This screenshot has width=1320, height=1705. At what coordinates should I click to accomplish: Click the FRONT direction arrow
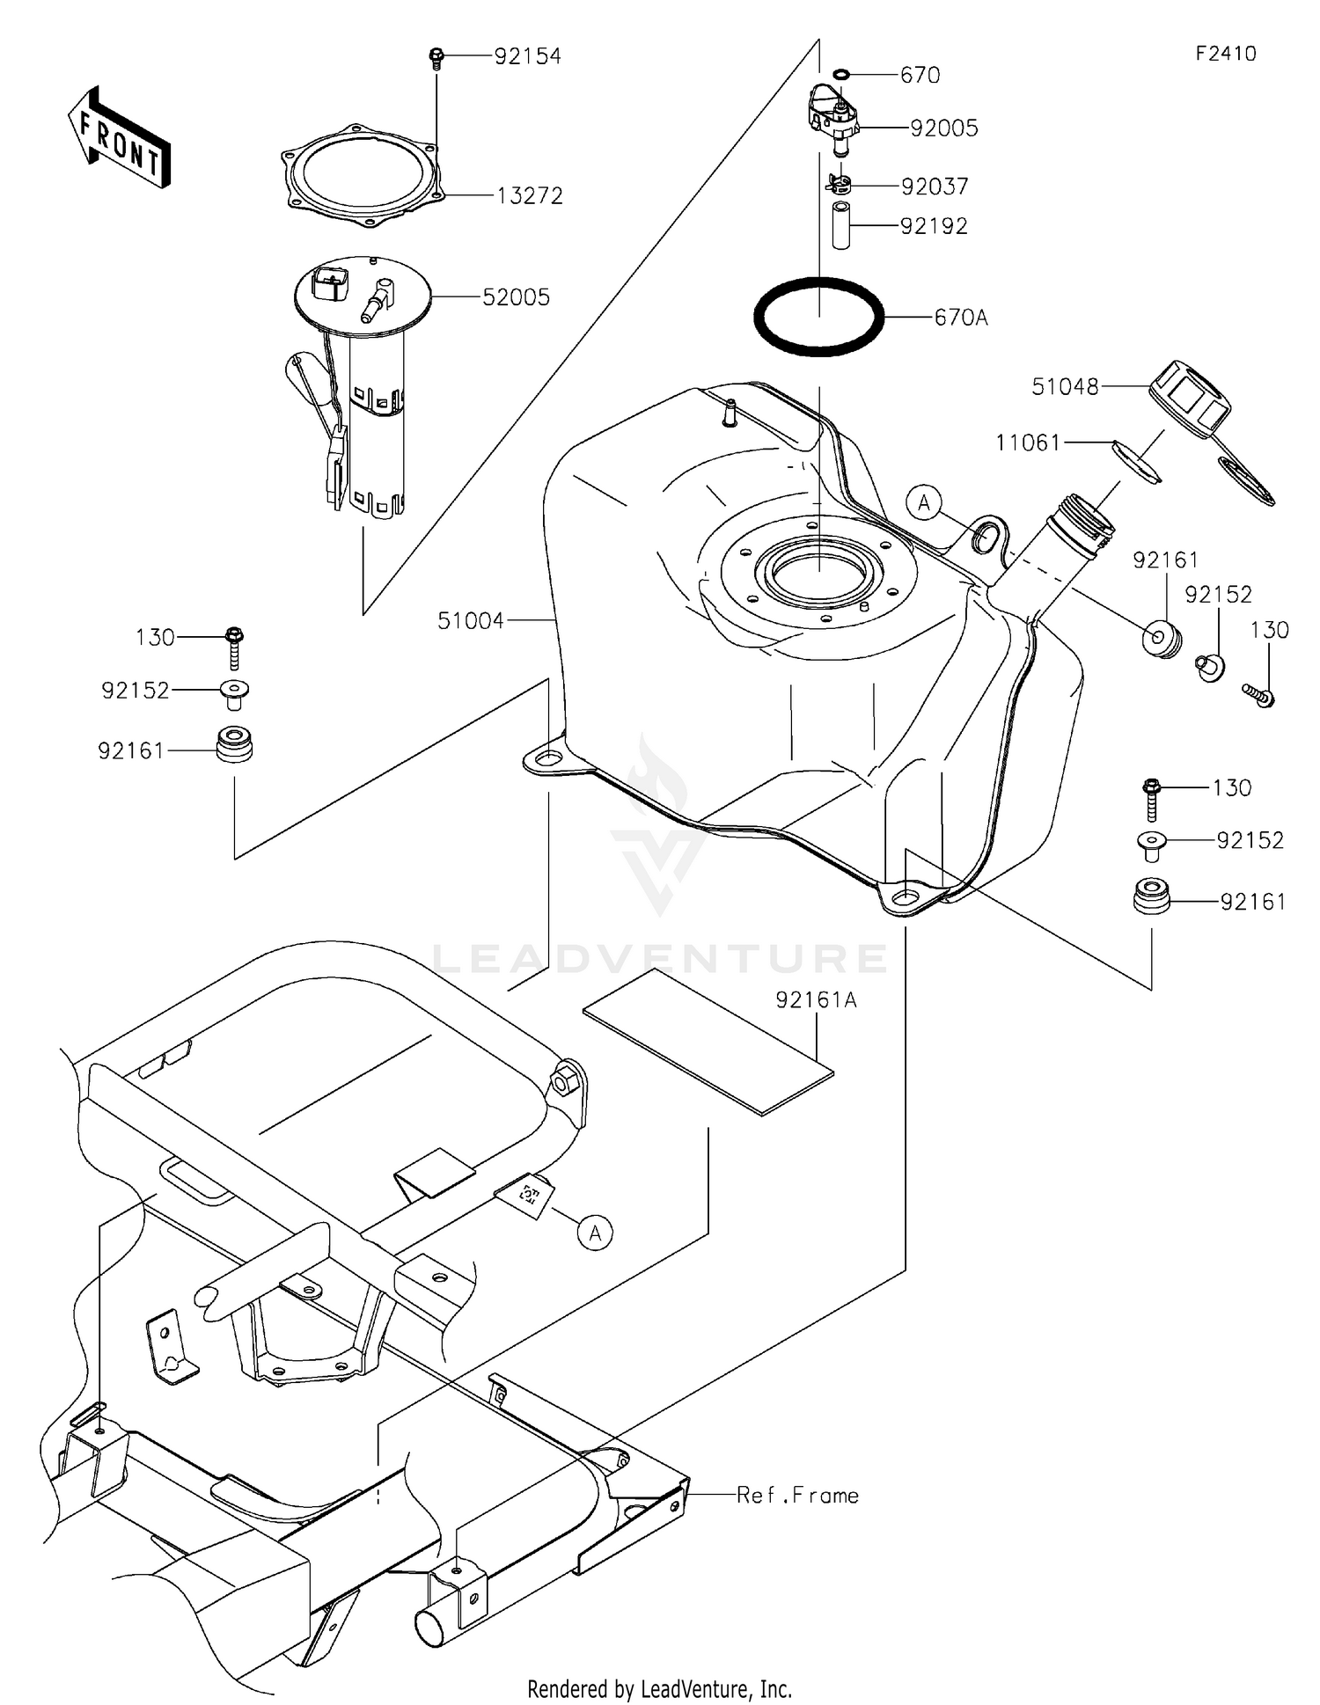click(x=119, y=139)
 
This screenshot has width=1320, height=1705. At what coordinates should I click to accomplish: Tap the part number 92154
click(x=527, y=57)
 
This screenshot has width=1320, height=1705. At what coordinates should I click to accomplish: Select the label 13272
click(x=529, y=196)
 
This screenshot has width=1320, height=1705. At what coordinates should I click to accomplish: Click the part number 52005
click(x=516, y=297)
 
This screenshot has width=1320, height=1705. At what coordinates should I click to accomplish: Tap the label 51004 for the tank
click(x=471, y=621)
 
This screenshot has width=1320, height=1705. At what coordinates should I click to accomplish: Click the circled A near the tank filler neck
click(x=924, y=503)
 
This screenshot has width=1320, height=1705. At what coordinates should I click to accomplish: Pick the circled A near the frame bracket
click(x=596, y=1233)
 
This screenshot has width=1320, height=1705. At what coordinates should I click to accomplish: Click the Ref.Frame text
click(x=797, y=1495)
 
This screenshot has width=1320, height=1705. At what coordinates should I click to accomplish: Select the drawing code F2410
click(x=1225, y=54)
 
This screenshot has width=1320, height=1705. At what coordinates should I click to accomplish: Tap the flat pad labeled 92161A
click(x=708, y=1043)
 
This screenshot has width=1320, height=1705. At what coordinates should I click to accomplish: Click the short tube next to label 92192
click(x=841, y=226)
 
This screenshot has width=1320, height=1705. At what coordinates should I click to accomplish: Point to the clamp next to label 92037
click(x=840, y=186)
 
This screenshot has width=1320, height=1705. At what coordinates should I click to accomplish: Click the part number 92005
click(x=943, y=128)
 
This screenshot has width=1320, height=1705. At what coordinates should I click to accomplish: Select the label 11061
click(x=1028, y=443)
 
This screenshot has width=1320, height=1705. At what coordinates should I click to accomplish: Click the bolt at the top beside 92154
click(x=436, y=58)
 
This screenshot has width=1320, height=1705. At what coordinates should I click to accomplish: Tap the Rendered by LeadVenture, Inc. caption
click(x=659, y=1688)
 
